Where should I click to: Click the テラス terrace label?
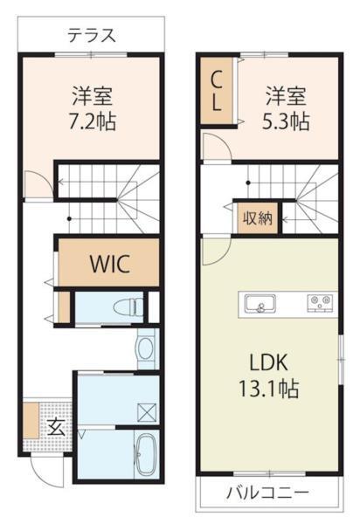coord(92,36)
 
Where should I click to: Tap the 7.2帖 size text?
coord(93,121)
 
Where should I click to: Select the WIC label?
coord(109,264)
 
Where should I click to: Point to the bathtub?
coord(146,454)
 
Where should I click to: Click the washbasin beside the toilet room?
coord(146,348)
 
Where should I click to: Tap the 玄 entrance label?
coord(56,427)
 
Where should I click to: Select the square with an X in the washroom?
coord(147,413)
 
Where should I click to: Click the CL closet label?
coord(217,91)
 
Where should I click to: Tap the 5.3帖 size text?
coord(286,121)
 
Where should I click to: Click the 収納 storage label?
coord(257,218)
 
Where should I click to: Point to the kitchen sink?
coord(260,304)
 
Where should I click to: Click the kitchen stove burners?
coord(320,303)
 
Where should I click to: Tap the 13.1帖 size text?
coord(268,389)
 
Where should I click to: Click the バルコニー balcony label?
coord(267,493)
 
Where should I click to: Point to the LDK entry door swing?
coord(217,252)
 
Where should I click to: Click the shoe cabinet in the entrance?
coord(31,420)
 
